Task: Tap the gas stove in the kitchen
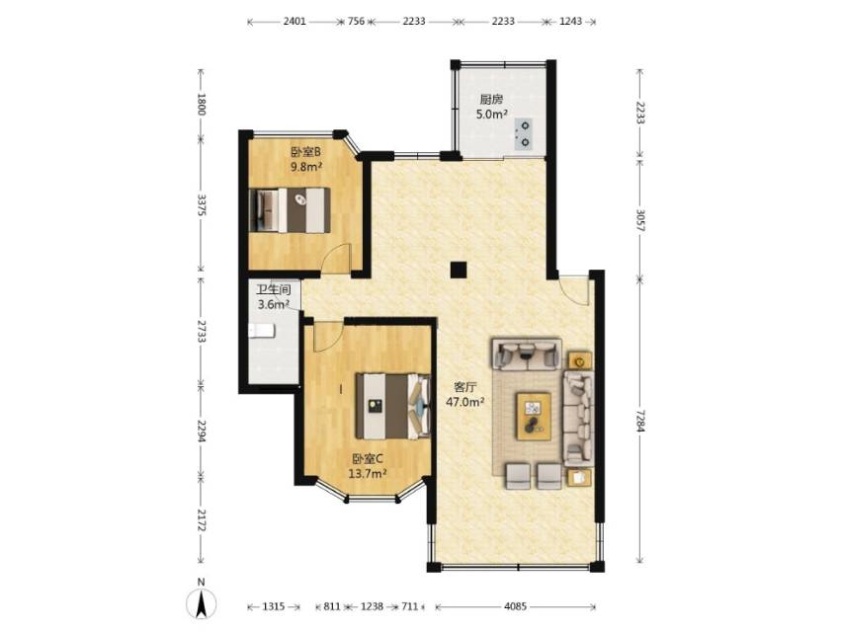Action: (x=523, y=134)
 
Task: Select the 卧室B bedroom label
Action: (x=306, y=152)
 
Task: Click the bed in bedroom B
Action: (x=290, y=209)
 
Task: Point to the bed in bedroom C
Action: (x=393, y=406)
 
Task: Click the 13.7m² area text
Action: (x=368, y=473)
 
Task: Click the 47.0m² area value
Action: (x=465, y=401)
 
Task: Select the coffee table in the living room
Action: (x=534, y=416)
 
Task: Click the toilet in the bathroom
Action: (x=262, y=331)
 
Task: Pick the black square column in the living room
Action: (x=458, y=270)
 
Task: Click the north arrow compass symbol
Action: (x=201, y=600)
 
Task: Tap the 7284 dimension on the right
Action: (x=639, y=421)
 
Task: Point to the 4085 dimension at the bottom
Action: (x=515, y=606)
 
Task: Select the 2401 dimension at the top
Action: (x=295, y=22)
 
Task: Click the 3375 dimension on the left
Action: (x=201, y=204)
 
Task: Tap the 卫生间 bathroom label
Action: (x=273, y=290)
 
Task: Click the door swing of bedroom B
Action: (x=336, y=257)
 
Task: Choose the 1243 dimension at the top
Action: (x=570, y=22)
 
